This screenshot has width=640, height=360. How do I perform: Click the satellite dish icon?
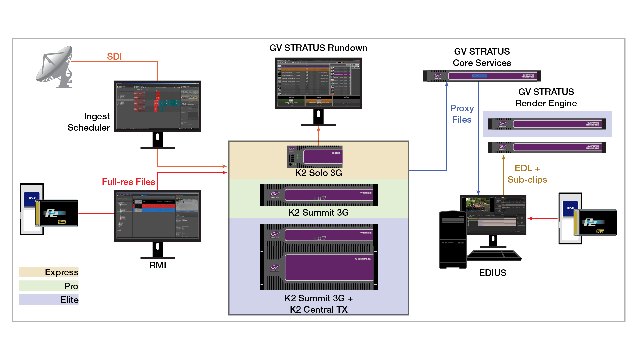(x=55, y=67)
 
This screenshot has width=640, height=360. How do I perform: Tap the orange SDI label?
(x=114, y=57)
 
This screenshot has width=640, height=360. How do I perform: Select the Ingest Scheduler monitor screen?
(x=158, y=106)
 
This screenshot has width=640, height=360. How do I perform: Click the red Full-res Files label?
(x=128, y=182)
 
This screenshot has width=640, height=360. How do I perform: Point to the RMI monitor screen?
(x=158, y=215)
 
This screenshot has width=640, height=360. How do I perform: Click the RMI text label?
(x=158, y=265)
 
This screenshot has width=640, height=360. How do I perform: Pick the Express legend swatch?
(x=49, y=272)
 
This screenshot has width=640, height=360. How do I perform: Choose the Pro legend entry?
(x=49, y=286)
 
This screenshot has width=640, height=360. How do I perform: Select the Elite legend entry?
(x=49, y=300)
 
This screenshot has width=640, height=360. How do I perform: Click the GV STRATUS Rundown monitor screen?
(x=318, y=83)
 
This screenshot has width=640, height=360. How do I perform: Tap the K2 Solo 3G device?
(x=315, y=156)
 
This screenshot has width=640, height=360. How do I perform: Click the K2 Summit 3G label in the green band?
(x=318, y=213)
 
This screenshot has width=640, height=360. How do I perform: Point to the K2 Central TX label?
(x=318, y=310)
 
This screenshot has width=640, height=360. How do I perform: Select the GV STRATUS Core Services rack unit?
(x=482, y=76)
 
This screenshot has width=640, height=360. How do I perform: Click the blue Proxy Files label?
(x=462, y=114)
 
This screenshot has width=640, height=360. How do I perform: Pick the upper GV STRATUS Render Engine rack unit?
(x=547, y=124)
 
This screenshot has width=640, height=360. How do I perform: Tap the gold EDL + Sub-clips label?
(x=527, y=174)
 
